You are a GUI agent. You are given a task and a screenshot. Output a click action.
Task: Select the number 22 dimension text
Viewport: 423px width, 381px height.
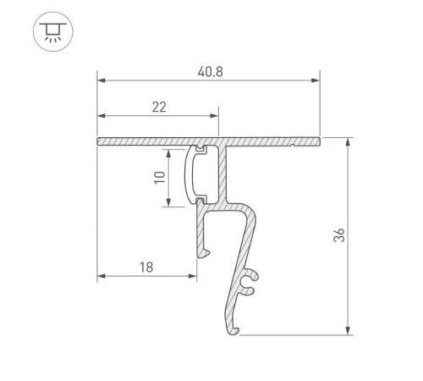pos(158,107)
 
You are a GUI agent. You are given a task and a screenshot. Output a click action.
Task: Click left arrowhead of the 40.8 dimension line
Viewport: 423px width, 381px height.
pos(102,81)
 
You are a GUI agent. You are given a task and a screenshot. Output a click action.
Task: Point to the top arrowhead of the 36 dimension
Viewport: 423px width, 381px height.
pos(349,141)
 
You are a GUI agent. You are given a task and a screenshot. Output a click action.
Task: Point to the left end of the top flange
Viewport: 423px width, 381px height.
pos(99,141)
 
